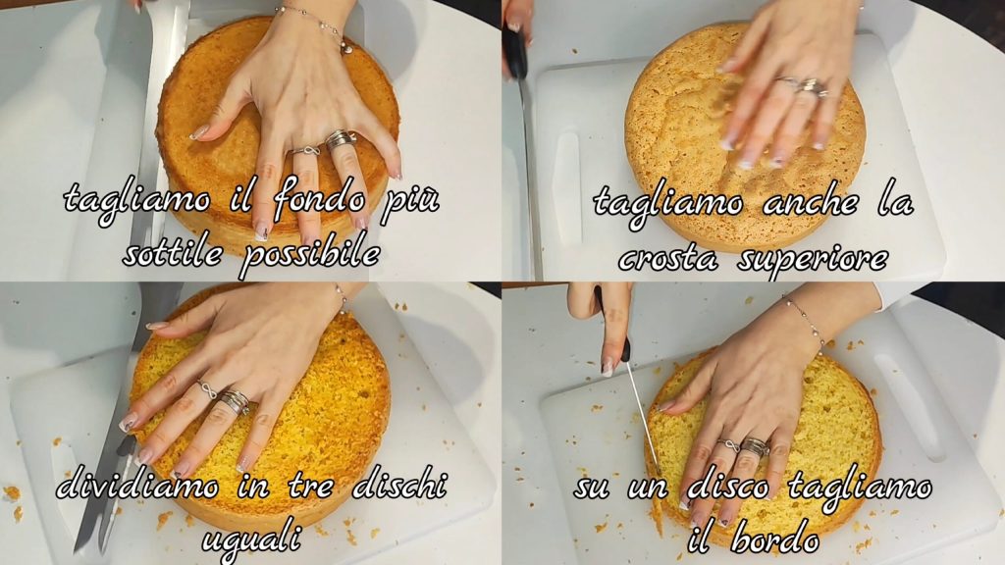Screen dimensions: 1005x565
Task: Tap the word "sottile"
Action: (x=172, y=254)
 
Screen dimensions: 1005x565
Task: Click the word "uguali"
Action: (x=251, y=537)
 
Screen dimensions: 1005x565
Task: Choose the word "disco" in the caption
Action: (x=727, y=487)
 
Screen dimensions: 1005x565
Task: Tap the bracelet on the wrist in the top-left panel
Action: (x=315, y=26)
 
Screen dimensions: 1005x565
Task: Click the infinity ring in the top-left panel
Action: (x=306, y=151)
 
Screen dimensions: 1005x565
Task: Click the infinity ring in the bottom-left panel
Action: (x=207, y=390)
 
